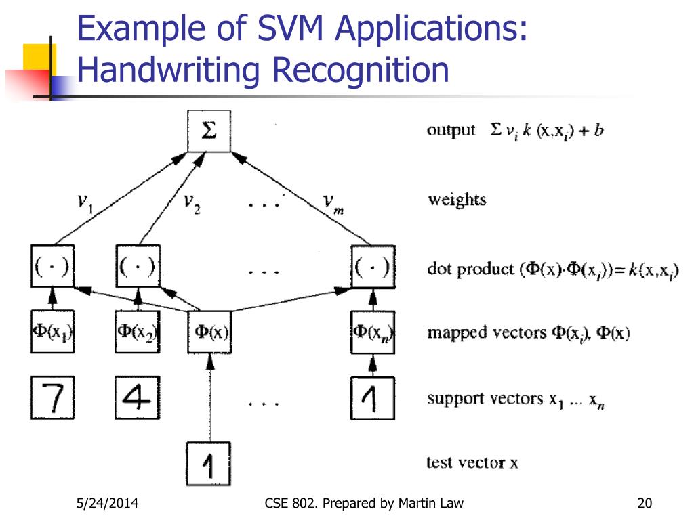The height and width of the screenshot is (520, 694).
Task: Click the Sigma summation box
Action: (209, 131)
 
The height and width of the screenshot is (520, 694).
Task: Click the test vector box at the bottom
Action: (209, 463)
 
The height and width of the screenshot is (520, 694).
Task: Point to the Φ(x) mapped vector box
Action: (209, 332)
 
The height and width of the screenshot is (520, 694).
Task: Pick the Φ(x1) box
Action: (53, 332)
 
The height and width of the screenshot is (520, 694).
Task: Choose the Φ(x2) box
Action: (137, 332)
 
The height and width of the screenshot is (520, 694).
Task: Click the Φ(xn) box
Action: (372, 332)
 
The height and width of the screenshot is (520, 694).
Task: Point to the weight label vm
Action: (331, 202)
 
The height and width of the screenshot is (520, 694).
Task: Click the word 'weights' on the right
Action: (457, 200)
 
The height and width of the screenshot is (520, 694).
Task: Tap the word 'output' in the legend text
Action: (451, 131)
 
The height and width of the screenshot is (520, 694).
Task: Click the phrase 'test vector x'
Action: (472, 463)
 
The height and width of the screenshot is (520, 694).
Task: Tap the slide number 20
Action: (644, 503)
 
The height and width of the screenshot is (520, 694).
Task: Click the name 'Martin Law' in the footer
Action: (432, 503)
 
